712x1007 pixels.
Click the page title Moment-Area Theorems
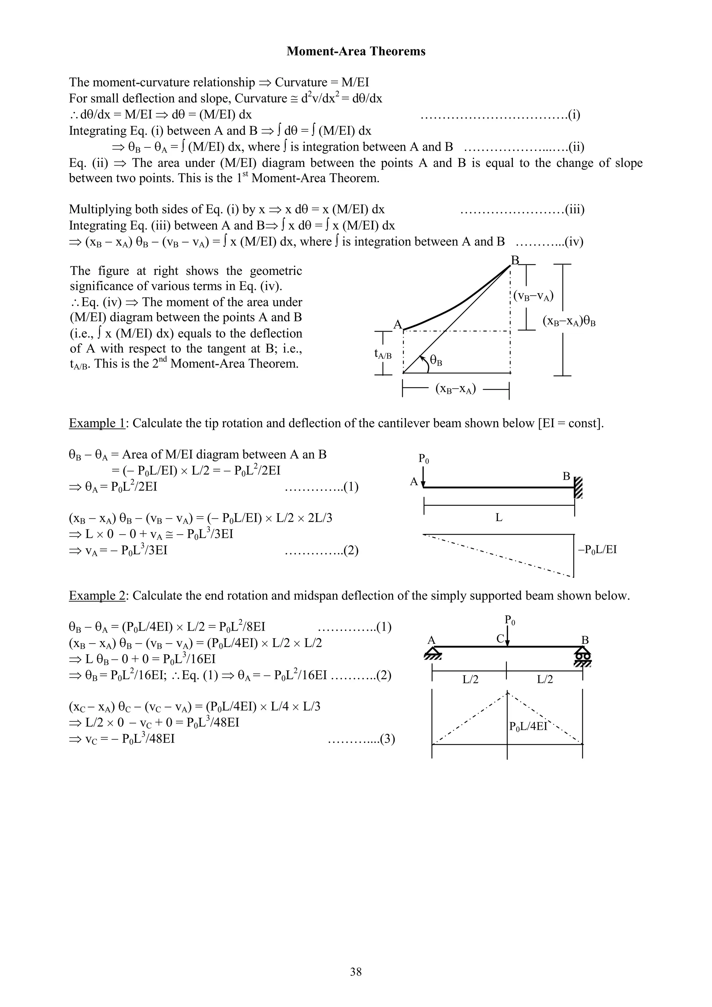[356, 51]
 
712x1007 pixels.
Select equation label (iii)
[574, 210]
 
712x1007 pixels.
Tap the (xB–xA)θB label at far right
[569, 321]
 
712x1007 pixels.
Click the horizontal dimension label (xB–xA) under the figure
[456, 389]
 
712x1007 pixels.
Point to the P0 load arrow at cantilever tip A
[423, 476]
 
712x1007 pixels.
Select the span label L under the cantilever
[499, 518]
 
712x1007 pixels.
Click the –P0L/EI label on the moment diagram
[597, 550]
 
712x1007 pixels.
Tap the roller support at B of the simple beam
[582, 656]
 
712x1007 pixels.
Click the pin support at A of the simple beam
[432, 655]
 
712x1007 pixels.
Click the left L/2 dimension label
[470, 679]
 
